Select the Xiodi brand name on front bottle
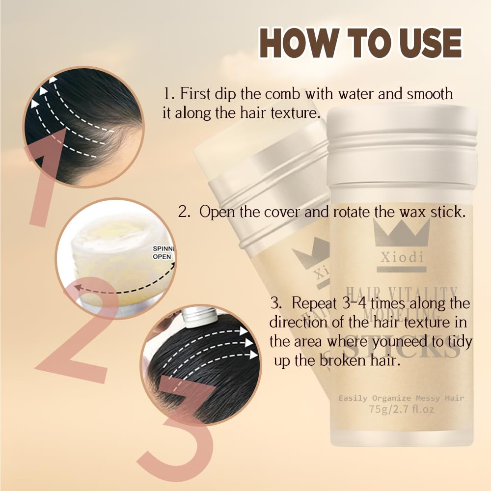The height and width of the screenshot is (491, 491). click(401, 258)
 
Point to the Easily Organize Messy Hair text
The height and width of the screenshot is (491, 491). click(401, 398)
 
